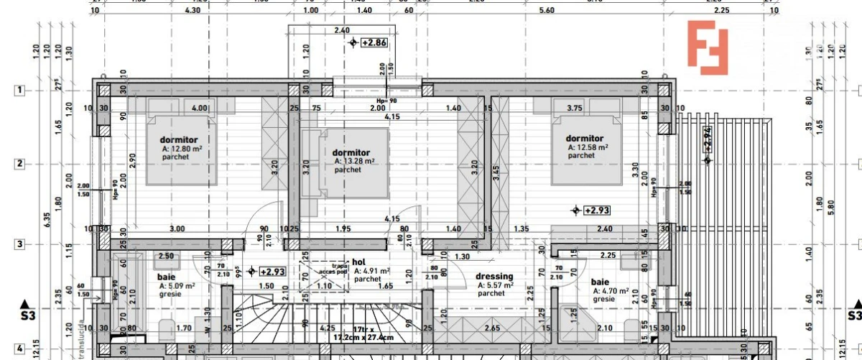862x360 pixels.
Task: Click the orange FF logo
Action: [708, 47]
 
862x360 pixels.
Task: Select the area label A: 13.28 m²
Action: [354, 162]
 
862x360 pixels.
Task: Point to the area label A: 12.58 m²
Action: [587, 147]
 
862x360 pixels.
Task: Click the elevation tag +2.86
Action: [374, 43]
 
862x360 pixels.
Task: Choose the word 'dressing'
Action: [494, 277]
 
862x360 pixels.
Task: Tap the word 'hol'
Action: [359, 262]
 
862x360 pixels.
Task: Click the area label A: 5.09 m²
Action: [177, 285]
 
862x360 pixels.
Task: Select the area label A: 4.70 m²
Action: [611, 291]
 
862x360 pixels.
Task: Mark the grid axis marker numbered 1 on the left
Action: [20, 91]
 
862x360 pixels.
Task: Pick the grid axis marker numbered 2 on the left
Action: [20, 164]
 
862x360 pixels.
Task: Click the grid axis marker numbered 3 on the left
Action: [20, 244]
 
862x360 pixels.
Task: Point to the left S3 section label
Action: [27, 315]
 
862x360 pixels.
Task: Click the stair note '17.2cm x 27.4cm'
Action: [363, 336]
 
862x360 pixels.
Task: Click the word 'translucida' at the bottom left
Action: [83, 338]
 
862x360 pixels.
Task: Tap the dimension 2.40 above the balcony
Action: [342, 30]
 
